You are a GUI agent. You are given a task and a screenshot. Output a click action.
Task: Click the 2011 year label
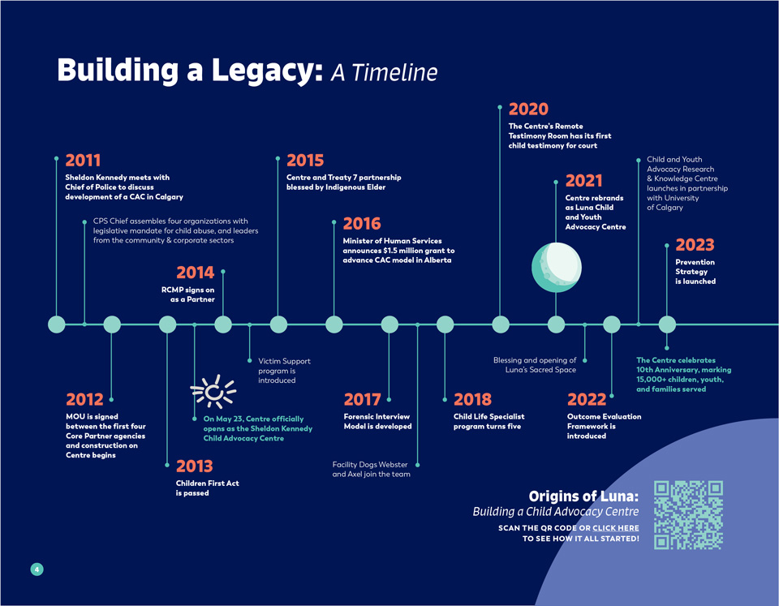coord(83,161)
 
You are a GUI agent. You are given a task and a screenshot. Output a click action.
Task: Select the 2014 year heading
coord(195,273)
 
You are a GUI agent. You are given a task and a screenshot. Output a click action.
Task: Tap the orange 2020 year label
coord(528,110)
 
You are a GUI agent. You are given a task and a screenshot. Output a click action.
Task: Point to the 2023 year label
coord(695,245)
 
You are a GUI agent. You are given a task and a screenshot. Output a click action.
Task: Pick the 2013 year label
coord(194,466)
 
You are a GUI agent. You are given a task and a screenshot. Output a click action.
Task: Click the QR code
coord(688,515)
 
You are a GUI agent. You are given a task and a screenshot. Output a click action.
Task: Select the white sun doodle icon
coord(213,393)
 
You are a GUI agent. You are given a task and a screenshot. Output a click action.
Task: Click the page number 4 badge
coord(37,569)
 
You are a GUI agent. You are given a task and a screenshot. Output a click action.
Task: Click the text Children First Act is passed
coord(207,488)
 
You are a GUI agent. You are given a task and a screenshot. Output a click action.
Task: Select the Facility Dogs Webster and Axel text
coord(372,469)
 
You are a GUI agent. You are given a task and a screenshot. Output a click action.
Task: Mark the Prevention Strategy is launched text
coord(695,272)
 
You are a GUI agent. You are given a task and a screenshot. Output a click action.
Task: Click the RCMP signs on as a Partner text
coord(187,294)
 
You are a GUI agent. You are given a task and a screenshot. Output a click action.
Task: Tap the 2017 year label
coord(362,399)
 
